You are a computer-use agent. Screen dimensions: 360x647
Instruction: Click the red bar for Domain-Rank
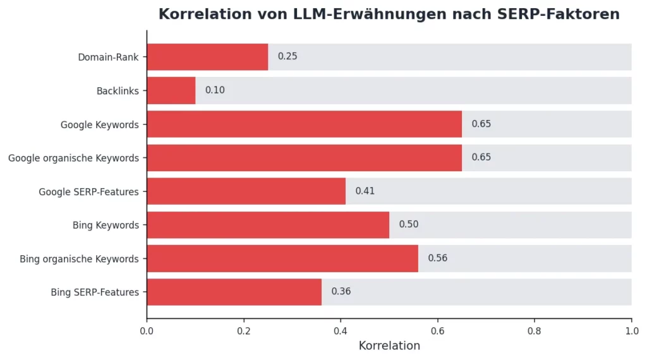[207, 57]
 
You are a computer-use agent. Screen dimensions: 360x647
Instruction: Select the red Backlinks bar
[171, 90]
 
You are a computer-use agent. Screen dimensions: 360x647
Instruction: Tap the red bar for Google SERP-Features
[246, 191]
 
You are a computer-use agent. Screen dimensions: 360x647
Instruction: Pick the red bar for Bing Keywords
[268, 225]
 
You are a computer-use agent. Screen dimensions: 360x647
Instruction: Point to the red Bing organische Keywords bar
[282, 258]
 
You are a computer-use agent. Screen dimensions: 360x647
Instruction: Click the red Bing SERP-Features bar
[234, 292]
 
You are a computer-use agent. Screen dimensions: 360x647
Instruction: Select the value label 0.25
[287, 57]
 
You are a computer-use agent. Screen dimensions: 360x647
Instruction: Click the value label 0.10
[215, 90]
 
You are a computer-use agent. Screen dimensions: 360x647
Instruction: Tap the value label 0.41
[365, 191]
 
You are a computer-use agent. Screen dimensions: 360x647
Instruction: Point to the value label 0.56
[437, 258]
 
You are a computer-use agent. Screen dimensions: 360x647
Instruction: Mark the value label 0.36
[341, 292]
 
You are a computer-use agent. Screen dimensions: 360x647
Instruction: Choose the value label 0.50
[408, 225]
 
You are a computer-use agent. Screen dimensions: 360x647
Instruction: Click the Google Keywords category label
[100, 125]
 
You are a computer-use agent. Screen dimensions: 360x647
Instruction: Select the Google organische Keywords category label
[73, 159]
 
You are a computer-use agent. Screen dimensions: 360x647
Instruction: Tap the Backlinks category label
[118, 91]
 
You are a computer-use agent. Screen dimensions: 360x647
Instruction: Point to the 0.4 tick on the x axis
[341, 330]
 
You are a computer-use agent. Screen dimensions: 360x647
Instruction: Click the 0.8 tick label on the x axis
[535, 330]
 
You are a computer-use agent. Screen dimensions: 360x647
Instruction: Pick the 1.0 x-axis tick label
[631, 330]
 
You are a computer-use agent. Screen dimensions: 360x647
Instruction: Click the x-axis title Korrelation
[389, 346]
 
